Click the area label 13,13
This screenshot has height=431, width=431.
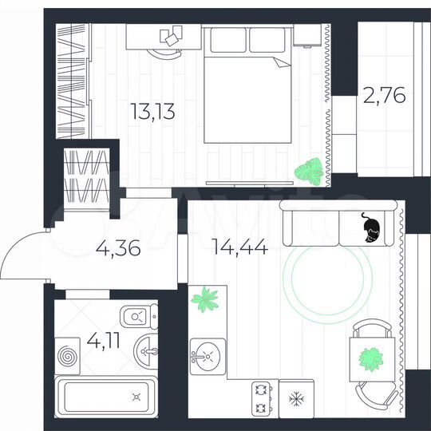152,110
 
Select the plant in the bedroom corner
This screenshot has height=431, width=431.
308,171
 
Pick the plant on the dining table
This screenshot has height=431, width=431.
370,358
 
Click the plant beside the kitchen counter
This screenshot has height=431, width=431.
205,299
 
